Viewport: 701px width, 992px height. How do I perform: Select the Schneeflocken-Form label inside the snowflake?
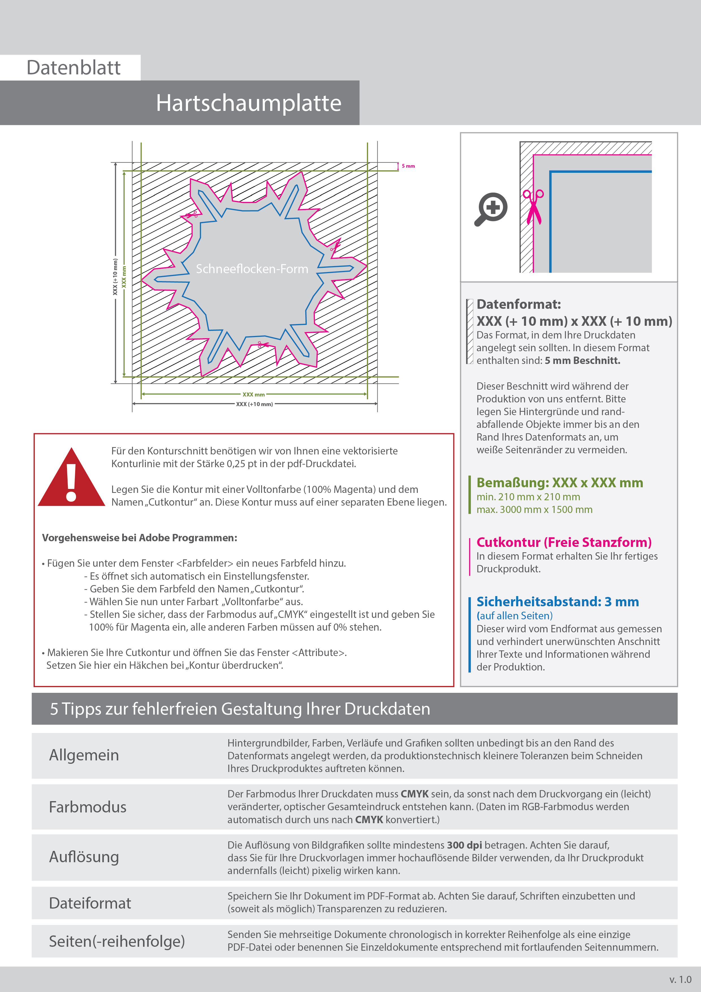tap(252, 269)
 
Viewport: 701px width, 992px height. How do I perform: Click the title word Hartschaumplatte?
tap(248, 103)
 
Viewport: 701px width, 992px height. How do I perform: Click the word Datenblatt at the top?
tap(73, 68)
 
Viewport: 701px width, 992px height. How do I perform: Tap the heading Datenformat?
tap(518, 304)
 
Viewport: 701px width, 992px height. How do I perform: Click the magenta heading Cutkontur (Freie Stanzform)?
tap(564, 542)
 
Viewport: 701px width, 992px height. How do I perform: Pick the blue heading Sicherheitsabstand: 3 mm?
tap(557, 601)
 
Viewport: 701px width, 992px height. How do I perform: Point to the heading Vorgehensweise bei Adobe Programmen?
tap(140, 538)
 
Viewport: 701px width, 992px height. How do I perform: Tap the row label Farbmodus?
tap(88, 807)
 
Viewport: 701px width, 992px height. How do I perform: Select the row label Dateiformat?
tap(90, 903)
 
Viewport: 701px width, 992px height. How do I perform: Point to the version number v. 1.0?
tap(680, 980)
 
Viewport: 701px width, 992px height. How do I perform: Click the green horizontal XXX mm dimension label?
tap(254, 394)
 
